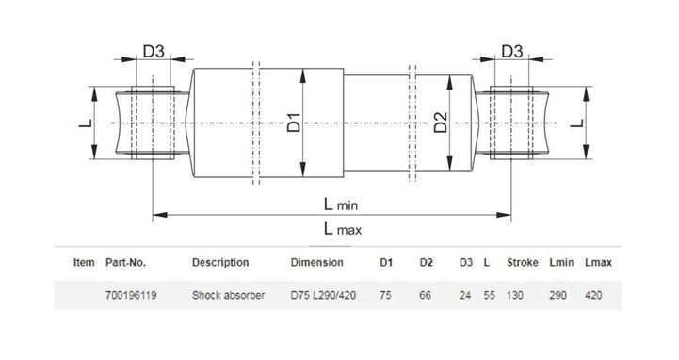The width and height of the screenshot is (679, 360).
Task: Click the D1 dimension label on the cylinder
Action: (294, 123)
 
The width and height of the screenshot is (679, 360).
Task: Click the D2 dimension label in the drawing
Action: (441, 123)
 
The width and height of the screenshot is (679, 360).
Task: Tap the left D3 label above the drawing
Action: (154, 52)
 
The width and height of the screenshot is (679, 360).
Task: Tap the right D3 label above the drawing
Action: (512, 52)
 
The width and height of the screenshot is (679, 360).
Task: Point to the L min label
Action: (341, 205)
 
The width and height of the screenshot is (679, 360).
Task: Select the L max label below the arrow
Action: (343, 229)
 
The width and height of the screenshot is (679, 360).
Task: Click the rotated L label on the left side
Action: (86, 123)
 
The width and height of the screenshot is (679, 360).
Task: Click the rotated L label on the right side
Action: (577, 123)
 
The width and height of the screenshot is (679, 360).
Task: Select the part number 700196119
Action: (131, 296)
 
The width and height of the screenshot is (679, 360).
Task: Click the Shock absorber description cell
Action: (228, 296)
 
